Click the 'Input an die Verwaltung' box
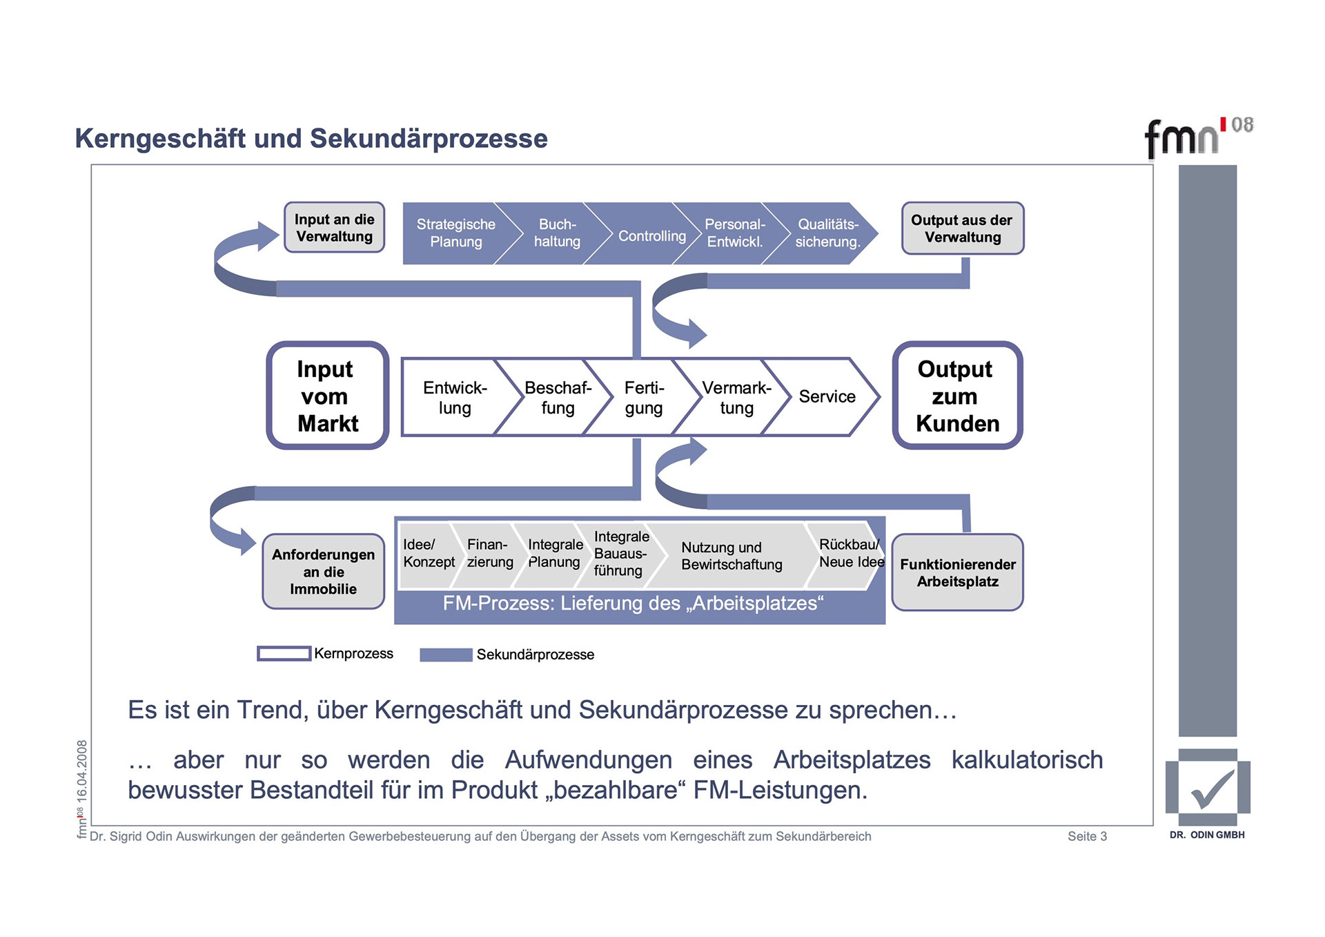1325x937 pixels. click(334, 228)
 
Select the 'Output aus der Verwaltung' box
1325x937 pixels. click(962, 229)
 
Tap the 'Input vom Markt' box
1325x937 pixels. click(328, 396)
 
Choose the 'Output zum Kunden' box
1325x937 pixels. click(957, 396)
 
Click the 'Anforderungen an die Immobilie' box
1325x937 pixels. click(323, 572)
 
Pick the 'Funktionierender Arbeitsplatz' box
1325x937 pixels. click(957, 572)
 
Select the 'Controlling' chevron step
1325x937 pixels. click(651, 236)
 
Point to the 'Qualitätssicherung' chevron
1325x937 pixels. click(827, 233)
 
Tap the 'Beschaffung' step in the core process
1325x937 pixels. click(558, 397)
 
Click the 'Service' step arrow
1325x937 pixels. click(826, 397)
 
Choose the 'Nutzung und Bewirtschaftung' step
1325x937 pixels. click(732, 556)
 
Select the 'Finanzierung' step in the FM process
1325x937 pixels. click(489, 554)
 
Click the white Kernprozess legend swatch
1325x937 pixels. click(284, 653)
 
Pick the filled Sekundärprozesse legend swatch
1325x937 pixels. click(446, 655)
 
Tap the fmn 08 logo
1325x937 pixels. click(1197, 136)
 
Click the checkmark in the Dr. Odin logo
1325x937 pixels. click(1210, 789)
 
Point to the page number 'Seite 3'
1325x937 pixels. click(1087, 836)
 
